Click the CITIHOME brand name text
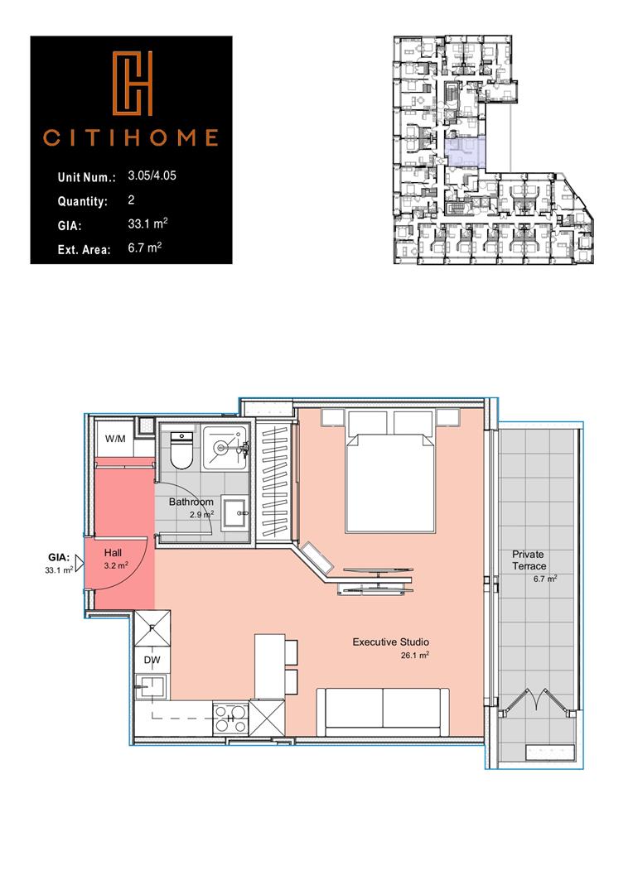click(131, 137)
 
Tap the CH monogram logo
click(132, 81)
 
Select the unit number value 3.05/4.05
click(153, 176)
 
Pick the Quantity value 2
click(132, 200)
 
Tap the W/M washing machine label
click(114, 439)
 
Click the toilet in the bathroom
click(180, 453)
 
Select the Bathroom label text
click(191, 502)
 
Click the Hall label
click(113, 551)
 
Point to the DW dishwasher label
click(152, 660)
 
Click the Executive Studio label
click(390, 642)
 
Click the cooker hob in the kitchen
click(230, 716)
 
